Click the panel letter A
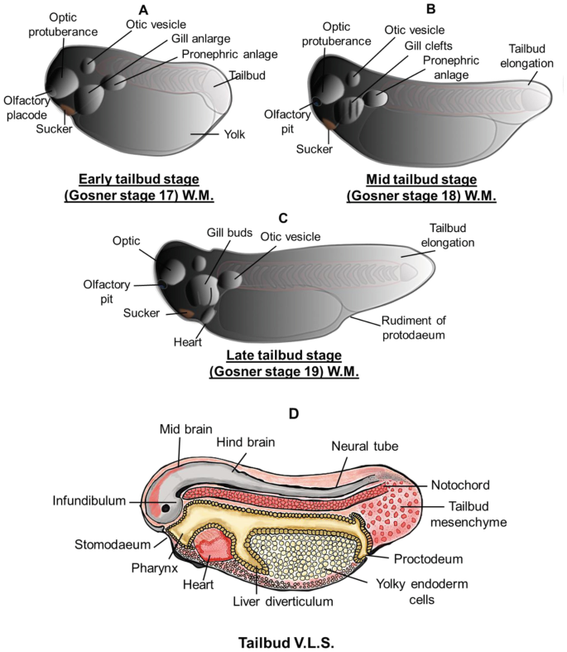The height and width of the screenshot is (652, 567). click(143, 10)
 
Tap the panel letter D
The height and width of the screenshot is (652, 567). click(294, 413)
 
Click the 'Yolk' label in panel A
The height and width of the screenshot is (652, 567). click(234, 134)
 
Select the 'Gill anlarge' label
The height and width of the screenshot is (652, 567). click(200, 39)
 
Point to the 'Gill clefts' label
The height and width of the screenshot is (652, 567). click(428, 46)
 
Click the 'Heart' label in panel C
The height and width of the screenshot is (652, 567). click(187, 342)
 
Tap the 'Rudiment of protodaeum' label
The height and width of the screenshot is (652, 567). click(413, 328)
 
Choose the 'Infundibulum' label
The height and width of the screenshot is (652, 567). click(89, 500)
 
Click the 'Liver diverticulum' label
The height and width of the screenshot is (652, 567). click(283, 601)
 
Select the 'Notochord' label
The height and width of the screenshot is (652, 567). click(460, 485)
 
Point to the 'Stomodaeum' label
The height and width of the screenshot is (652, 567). click(113, 544)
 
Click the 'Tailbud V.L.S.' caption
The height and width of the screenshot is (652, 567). click(286, 642)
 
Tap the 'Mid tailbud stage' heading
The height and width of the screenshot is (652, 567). click(421, 179)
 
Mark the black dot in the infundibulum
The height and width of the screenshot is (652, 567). click(166, 508)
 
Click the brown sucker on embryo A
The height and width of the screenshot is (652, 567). click(68, 110)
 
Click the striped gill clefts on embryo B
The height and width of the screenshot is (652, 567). click(349, 109)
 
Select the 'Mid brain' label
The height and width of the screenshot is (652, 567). click(185, 429)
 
